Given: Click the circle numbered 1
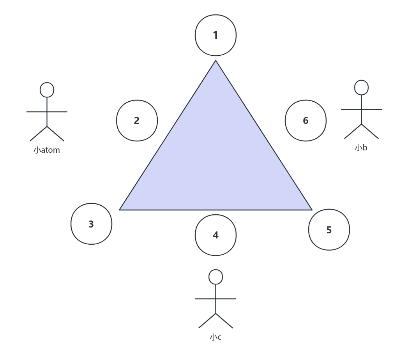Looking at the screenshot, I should [215, 35].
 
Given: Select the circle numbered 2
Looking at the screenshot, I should [137, 120].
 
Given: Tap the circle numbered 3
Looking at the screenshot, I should [91, 224].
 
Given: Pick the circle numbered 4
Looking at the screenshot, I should [215, 235].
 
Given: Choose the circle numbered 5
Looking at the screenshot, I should [329, 230].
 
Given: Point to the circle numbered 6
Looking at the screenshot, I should [306, 120].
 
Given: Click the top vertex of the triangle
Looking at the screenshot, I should [215, 62].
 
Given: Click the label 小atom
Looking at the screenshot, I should [47, 150].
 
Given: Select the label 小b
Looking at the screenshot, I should [361, 148].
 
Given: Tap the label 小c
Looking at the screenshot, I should [215, 337].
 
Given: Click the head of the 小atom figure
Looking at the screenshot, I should [47, 90].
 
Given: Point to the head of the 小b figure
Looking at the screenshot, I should [361, 88].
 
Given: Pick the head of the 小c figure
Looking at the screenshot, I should [215, 277].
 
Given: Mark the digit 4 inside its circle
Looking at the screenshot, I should [215, 235].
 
